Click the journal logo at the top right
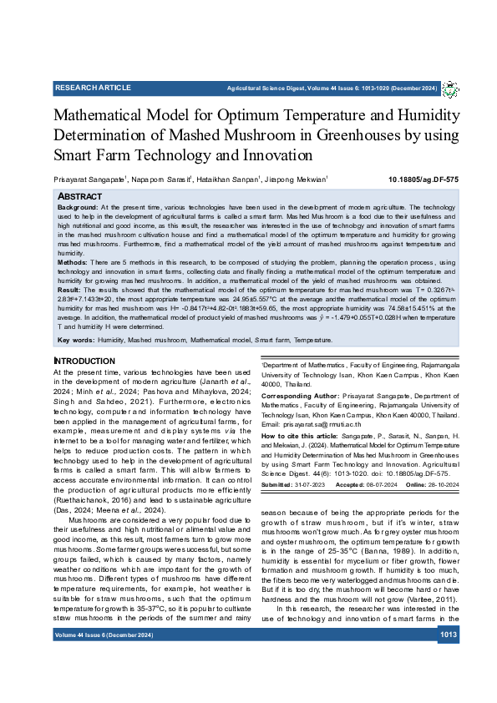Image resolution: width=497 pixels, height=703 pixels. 450,89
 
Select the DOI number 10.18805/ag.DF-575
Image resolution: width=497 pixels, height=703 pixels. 423,180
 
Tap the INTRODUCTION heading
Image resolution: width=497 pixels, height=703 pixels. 84,360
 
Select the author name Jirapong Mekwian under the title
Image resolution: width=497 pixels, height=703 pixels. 298,180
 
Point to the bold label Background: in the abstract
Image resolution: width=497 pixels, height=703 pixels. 77,205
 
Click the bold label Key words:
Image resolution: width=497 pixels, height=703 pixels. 76,341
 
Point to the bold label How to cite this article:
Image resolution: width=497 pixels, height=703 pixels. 301,437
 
